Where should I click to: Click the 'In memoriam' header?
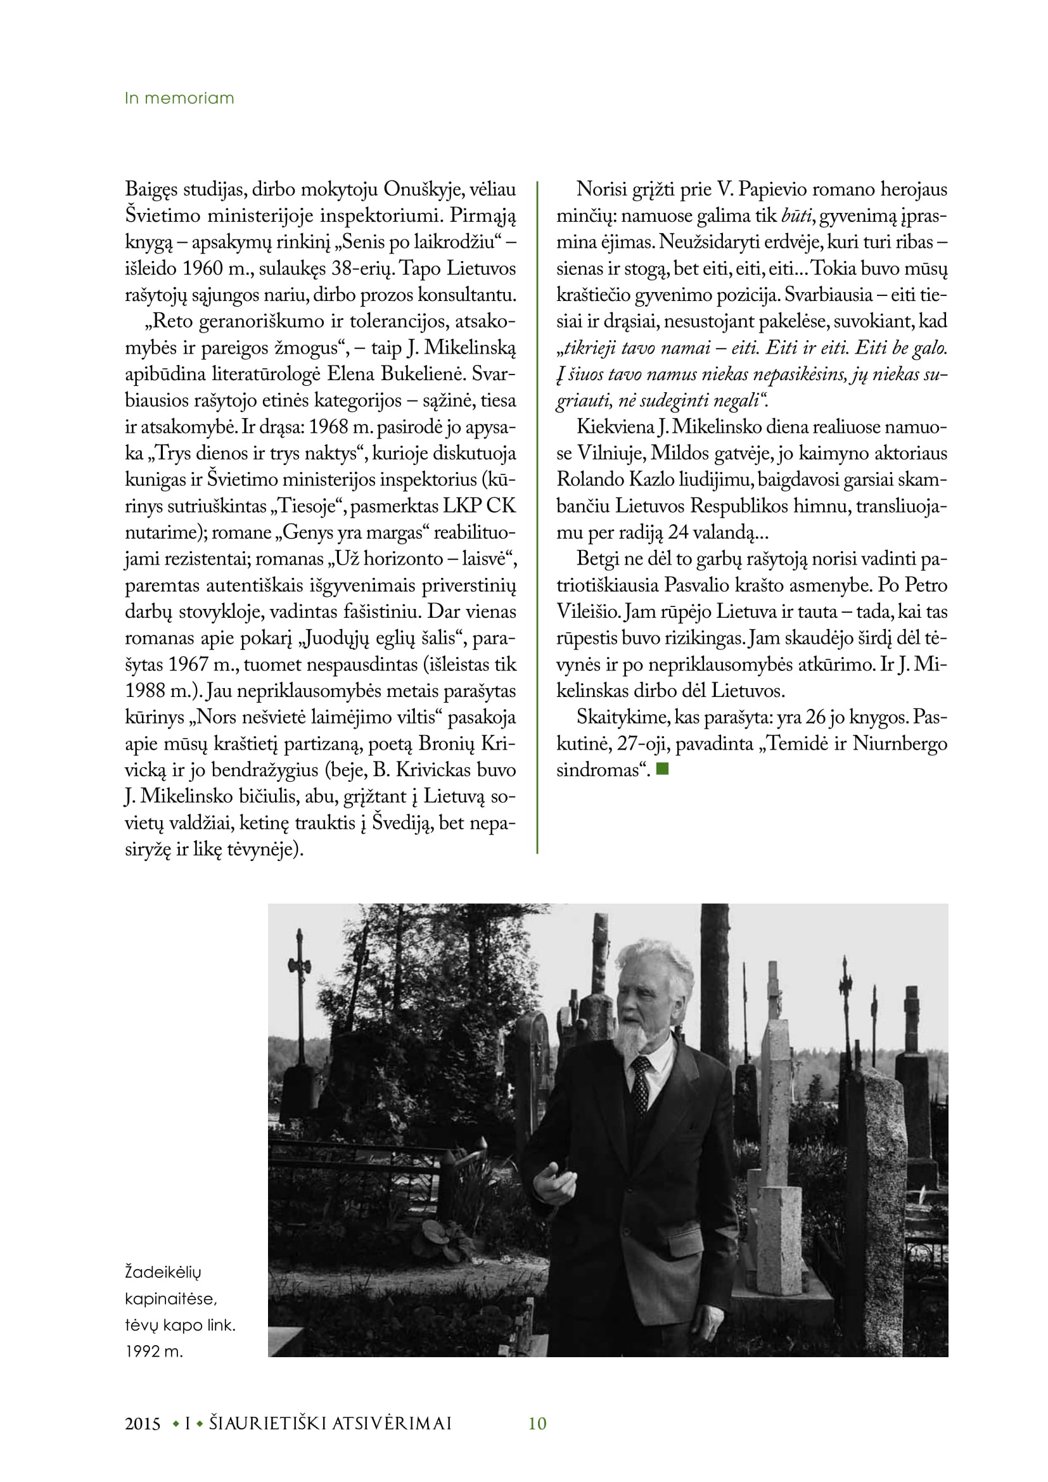(179, 98)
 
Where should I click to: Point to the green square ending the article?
(663, 769)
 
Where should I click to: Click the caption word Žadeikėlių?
(163, 1272)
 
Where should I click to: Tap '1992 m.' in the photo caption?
(154, 1351)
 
